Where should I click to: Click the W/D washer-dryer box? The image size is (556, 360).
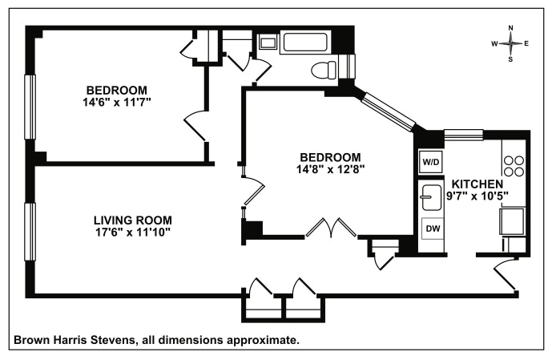[431, 162]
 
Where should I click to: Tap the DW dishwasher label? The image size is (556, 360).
[433, 229]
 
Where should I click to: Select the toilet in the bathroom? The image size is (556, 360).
[324, 70]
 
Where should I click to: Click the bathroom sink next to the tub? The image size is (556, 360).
[268, 43]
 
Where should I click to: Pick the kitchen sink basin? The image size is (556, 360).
[430, 198]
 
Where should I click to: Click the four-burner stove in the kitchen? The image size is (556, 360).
[514, 166]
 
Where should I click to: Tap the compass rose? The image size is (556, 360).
[510, 43]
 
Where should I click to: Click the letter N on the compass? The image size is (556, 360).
[510, 28]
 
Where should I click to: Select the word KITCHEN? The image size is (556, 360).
[477, 184]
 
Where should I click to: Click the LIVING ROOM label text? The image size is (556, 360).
[133, 220]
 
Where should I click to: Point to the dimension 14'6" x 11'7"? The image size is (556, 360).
[117, 103]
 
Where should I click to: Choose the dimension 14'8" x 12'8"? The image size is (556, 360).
[331, 169]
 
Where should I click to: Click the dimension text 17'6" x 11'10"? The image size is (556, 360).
[133, 233]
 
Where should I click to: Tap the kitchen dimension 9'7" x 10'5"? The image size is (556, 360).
[477, 196]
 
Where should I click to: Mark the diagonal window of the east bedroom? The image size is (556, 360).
[389, 111]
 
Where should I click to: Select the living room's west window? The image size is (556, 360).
[30, 232]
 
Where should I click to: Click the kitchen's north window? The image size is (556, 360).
[464, 135]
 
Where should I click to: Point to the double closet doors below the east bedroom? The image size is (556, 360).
[331, 228]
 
